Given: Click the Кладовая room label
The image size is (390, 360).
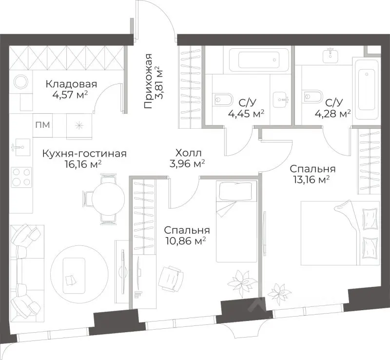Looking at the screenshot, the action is (x=71, y=84).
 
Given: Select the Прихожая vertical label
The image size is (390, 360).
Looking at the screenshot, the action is (x=148, y=81).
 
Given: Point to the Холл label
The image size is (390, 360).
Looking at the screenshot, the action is (x=188, y=153).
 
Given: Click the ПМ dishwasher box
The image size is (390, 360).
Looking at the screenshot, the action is (x=42, y=125).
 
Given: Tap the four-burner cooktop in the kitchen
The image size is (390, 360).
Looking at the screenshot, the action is (x=22, y=177).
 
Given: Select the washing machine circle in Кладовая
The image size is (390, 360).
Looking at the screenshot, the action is (x=21, y=81).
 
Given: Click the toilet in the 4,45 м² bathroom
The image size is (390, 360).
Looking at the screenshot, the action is (x=223, y=100).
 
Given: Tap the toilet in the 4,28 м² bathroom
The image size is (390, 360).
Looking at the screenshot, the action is (x=312, y=97).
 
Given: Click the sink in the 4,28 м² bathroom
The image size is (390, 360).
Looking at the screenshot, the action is (x=331, y=56).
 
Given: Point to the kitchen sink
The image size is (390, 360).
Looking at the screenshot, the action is (x=21, y=147).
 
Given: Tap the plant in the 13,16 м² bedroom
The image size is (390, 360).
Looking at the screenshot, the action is (x=278, y=292).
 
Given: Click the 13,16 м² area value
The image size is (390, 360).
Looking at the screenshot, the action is (x=312, y=180).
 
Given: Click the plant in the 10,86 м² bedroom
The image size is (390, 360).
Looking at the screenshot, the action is (x=242, y=283).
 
